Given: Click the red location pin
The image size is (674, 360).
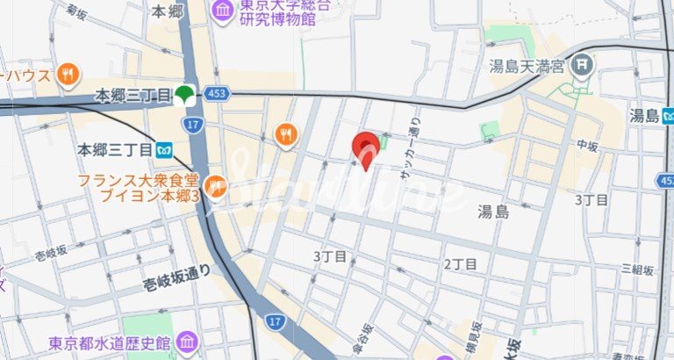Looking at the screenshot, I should (366, 147).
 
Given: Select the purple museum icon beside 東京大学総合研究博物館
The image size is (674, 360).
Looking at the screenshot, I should (222, 11).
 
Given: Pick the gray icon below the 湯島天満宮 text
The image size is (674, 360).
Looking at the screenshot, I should (582, 64).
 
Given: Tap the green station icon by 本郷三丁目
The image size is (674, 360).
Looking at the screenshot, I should (184, 94).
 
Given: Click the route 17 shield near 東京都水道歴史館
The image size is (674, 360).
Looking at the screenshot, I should (276, 323).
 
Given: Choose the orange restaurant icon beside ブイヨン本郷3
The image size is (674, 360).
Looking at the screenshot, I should (216, 185).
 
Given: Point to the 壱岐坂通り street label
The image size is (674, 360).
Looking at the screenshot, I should (176, 277).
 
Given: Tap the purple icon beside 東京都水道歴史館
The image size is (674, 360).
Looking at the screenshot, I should (187, 341).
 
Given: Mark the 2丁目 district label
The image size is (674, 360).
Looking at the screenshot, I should (460, 263).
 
